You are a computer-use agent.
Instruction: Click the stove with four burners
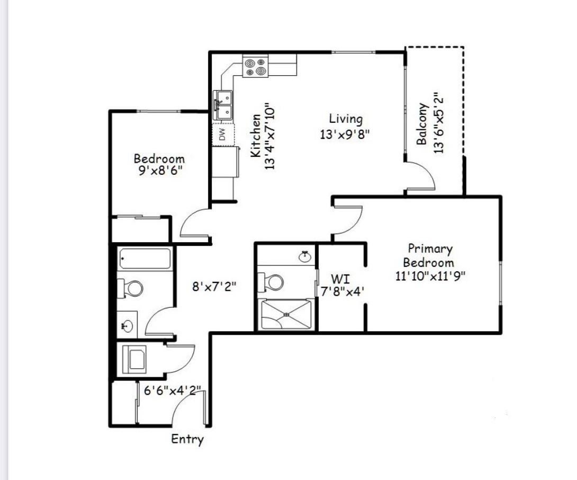pos(255,66)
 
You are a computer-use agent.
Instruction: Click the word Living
pos(346,119)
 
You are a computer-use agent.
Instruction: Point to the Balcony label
pos(422,124)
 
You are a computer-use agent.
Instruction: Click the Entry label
pos(187,440)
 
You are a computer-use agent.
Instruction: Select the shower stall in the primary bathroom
pos(285,314)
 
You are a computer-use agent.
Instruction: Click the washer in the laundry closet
pos(134,359)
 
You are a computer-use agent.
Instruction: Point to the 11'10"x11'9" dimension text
pos(430,276)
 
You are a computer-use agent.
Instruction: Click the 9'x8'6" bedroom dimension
pos(160,171)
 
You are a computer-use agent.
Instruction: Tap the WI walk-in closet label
pos(340,278)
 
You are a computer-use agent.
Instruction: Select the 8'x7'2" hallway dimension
pos(214,286)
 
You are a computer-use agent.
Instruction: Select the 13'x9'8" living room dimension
pos(345,135)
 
